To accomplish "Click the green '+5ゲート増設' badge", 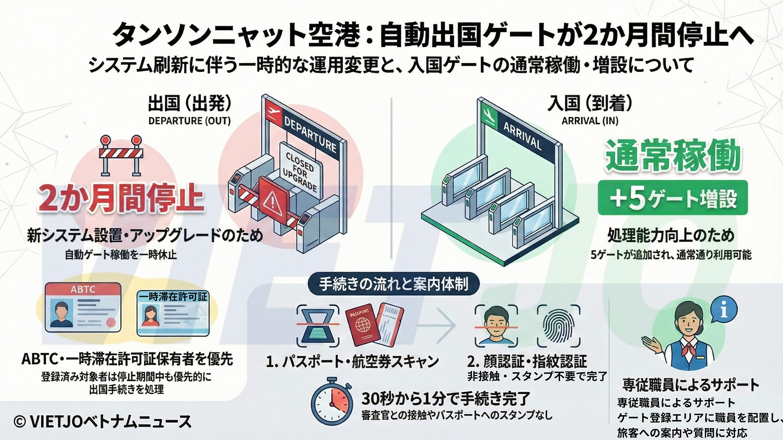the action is click(672, 197).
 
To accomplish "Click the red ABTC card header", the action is click(83, 289).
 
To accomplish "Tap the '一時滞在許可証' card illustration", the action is click(173, 313).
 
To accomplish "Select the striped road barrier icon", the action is click(121, 155).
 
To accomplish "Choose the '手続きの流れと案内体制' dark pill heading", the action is click(393, 284).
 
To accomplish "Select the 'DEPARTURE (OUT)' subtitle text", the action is click(189, 121).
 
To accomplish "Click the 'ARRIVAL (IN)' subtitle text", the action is click(590, 121).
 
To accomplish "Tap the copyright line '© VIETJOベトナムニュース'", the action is click(103, 422).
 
